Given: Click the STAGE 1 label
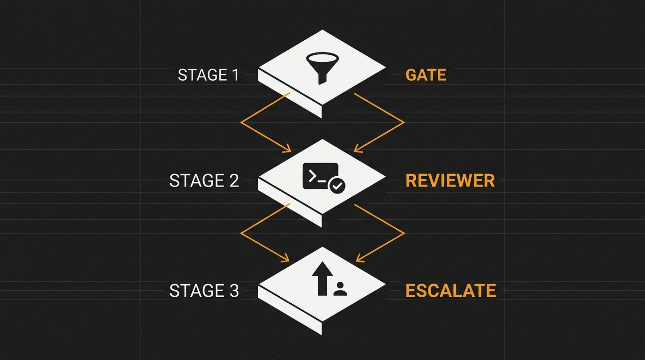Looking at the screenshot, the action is pyautogui.click(x=209, y=75).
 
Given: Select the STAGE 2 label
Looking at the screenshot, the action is pyautogui.click(x=204, y=180).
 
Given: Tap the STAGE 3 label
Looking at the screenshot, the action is pyautogui.click(x=204, y=290).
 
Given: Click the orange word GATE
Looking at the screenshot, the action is pyautogui.click(x=426, y=75).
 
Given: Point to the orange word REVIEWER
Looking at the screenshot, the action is pyautogui.click(x=450, y=180).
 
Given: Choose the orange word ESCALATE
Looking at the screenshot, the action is pyautogui.click(x=450, y=290).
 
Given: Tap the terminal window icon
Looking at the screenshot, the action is pyautogui.click(x=321, y=176).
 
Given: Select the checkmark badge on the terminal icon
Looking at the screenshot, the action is pyautogui.click(x=337, y=185).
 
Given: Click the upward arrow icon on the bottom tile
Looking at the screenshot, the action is pyautogui.click(x=322, y=278).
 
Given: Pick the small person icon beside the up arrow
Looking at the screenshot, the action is pyautogui.click(x=340, y=289).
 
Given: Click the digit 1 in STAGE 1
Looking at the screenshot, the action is pyautogui.click(x=236, y=75).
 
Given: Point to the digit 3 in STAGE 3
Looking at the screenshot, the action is pyautogui.click(x=234, y=290).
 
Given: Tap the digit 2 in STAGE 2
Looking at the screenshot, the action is pyautogui.click(x=234, y=180).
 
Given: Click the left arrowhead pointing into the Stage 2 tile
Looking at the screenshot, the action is pyautogui.click(x=287, y=149).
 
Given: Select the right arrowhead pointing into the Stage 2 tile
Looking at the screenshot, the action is pyautogui.click(x=358, y=149).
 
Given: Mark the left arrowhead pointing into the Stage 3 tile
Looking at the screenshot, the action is pyautogui.click(x=285, y=259).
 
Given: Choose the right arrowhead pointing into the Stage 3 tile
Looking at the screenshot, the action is pyautogui.click(x=360, y=259).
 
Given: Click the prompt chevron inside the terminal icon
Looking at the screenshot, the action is pyautogui.click(x=312, y=176).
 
